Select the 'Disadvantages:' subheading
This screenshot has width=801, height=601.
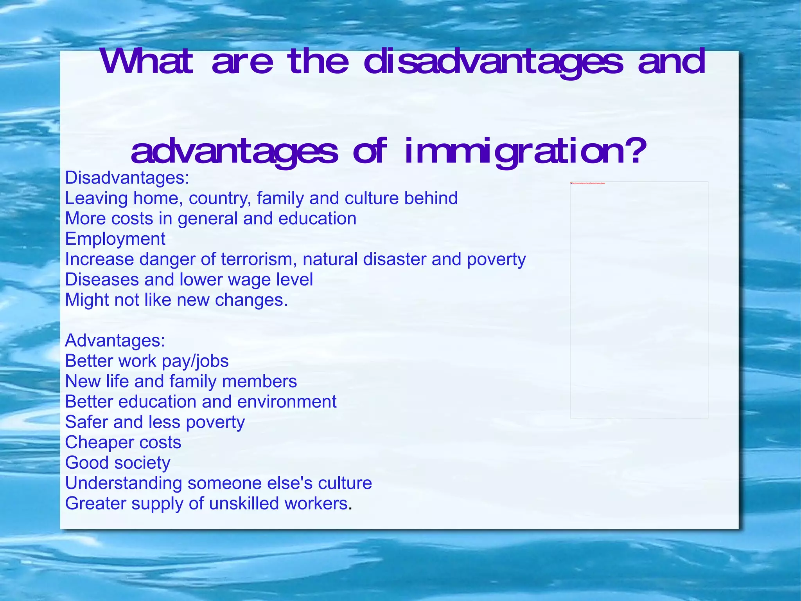tap(127, 178)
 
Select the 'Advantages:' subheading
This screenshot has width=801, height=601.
tap(115, 341)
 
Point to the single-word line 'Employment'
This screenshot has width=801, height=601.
tap(115, 239)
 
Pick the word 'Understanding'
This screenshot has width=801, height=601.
tap(124, 483)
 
